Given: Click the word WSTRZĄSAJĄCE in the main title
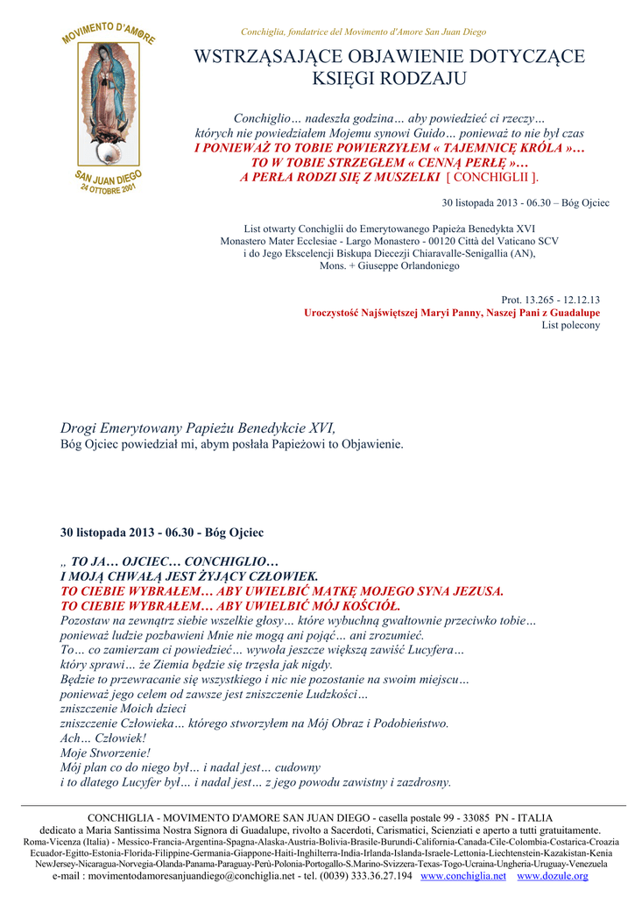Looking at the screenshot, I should pos(265,59).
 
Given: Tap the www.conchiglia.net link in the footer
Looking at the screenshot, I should pos(463,875).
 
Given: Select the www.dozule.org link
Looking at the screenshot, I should pos(553,875).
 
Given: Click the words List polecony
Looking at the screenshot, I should pos(571,325).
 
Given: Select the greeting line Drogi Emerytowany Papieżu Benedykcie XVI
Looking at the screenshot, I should pos(197,428).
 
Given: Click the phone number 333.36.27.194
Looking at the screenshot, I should pos(374,875).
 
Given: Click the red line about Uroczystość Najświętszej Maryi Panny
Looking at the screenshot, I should pos(452,313).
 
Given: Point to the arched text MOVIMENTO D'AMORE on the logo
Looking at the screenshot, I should pos(109,33).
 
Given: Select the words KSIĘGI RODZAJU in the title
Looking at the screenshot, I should pos(389,79).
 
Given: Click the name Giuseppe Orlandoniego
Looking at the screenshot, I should pos(404,265).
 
